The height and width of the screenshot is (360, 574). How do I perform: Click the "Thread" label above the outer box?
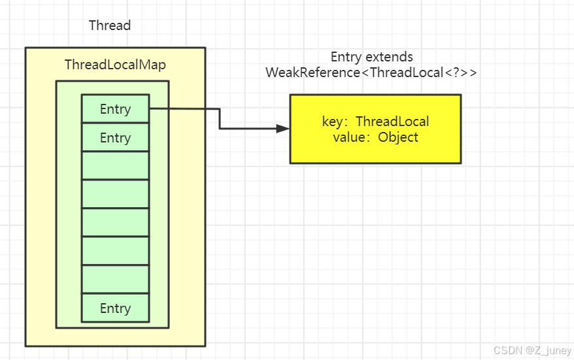(110, 25)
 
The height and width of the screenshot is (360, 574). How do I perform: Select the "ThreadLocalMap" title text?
(115, 65)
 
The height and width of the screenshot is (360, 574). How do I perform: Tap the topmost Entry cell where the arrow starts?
(115, 109)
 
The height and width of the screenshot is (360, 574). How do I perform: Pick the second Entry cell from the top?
(115, 138)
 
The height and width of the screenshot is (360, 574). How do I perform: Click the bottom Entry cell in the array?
(115, 308)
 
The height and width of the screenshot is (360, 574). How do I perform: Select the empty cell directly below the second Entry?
(115, 166)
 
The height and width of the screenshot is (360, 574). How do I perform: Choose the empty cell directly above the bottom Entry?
(115, 280)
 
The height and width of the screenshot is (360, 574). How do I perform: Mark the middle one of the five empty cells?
(115, 223)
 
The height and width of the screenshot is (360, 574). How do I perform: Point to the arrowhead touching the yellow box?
(283, 129)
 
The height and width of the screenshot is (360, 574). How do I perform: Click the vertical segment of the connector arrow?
(219, 119)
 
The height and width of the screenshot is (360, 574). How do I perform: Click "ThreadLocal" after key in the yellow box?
(392, 122)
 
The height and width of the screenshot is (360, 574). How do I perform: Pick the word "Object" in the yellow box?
(397, 137)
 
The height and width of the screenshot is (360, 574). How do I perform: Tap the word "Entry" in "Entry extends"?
(346, 57)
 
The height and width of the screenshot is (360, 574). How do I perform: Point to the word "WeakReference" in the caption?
(312, 73)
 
